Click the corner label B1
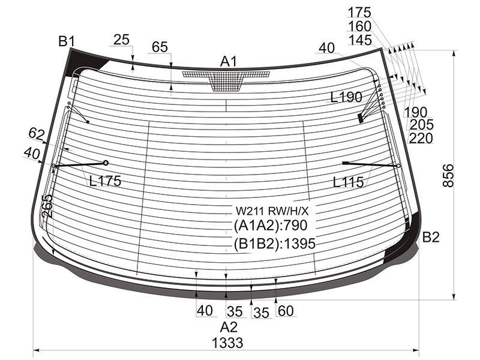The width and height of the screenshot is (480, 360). click(67, 41)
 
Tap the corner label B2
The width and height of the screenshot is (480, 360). click(431, 237)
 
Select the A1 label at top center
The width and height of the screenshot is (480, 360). click(229, 62)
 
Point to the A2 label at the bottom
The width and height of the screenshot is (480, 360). click(229, 327)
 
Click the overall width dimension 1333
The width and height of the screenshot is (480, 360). click(228, 343)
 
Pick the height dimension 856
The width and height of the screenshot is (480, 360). click(448, 175)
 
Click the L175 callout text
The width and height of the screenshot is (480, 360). click(106, 181)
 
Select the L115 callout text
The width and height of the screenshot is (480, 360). click(349, 182)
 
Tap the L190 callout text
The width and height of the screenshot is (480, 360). click(347, 97)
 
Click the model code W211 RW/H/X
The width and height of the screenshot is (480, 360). click(272, 211)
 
